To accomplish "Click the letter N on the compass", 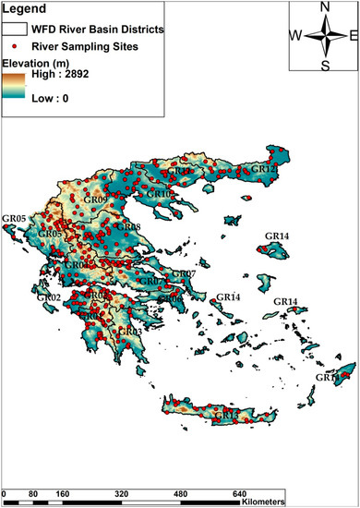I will tap(324, 8).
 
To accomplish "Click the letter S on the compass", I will tap(324, 65).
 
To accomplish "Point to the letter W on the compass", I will tap(296, 36).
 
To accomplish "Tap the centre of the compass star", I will tap(324, 36).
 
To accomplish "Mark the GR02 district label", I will tap(48, 297).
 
